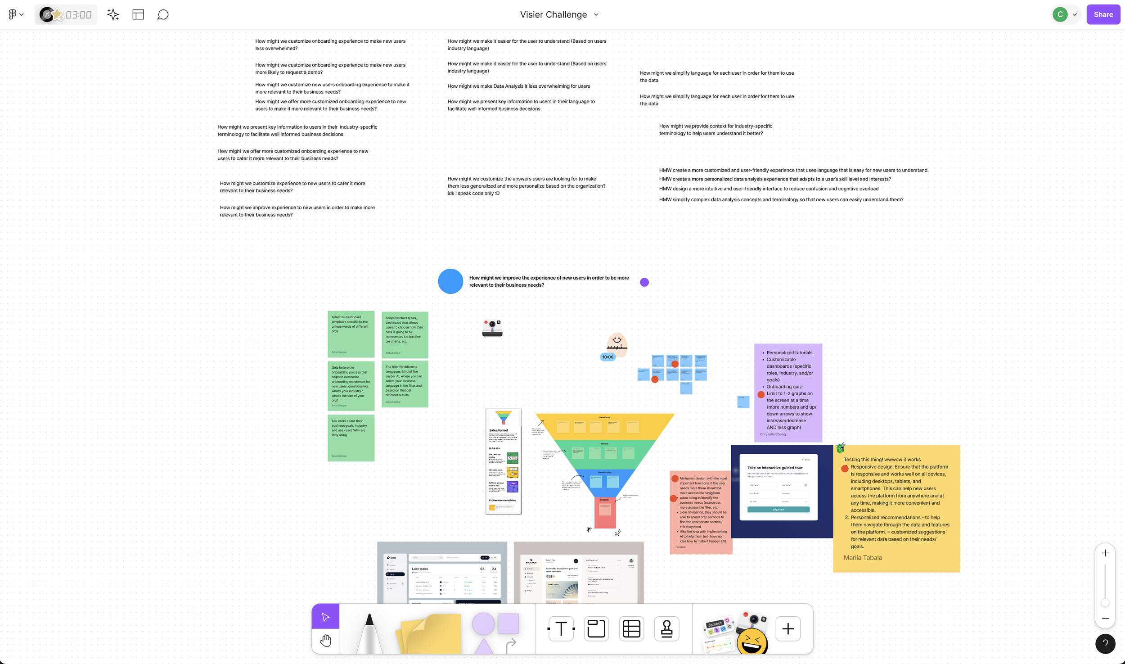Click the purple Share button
click(1102, 14)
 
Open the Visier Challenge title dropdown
click(596, 14)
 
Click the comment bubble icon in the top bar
click(162, 15)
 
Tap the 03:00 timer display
click(78, 15)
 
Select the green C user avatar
click(1060, 14)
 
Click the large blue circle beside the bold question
click(450, 281)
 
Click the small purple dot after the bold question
click(644, 282)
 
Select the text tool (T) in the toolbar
click(561, 628)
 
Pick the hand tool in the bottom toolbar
click(325, 641)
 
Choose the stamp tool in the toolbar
click(666, 628)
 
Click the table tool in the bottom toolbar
click(631, 628)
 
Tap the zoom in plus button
click(1105, 553)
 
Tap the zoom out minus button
click(1105, 619)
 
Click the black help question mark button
click(1105, 644)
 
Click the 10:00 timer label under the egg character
click(607, 357)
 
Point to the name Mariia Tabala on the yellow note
click(863, 557)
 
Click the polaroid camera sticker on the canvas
click(492, 328)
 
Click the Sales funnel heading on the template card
click(499, 430)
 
